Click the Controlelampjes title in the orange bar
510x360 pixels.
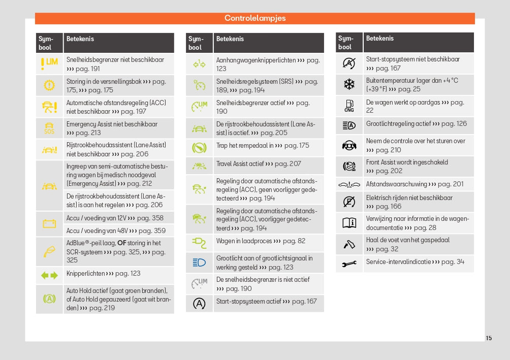pos(255,18)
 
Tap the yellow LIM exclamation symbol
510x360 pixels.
pos(49,63)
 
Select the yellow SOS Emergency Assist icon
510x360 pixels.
pos(49,128)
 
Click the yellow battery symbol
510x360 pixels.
pos(49,223)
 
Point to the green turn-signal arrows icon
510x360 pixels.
pos(49,275)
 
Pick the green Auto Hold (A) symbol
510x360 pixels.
pos(49,299)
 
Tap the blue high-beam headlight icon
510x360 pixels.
pos(199,263)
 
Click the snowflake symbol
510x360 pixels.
pos(349,85)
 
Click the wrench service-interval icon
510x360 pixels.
pos(349,263)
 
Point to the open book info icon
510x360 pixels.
pos(349,223)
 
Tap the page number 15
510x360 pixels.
pos(489,338)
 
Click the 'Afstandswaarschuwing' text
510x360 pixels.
pos(396,184)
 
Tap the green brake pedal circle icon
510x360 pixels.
pos(199,148)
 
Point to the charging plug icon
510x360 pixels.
pos(199,242)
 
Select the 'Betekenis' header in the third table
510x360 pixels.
pos(379,38)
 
